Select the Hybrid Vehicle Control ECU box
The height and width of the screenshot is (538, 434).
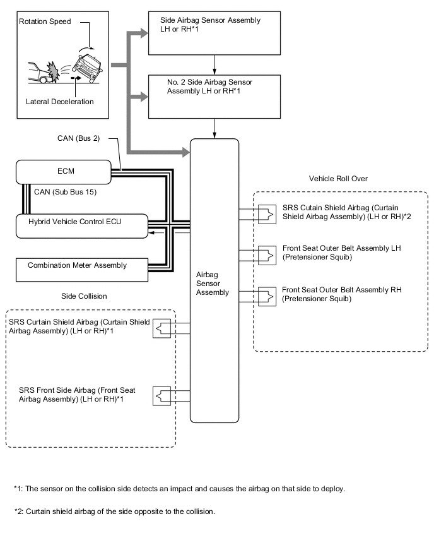pos(81,225)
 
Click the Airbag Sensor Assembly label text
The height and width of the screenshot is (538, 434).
pos(214,284)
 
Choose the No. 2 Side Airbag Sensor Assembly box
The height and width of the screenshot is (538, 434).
pos(214,96)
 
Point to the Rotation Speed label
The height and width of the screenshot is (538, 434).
pos(45,21)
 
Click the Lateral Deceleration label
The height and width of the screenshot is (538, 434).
pos(60,101)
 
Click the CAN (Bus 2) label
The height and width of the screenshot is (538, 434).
pos(78,138)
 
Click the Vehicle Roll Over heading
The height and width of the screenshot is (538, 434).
pos(338,179)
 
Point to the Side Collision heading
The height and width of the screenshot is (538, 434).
pos(85,296)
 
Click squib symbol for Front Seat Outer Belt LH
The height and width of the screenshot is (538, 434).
pos(266,254)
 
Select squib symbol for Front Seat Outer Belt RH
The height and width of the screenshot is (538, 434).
pos(266,295)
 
